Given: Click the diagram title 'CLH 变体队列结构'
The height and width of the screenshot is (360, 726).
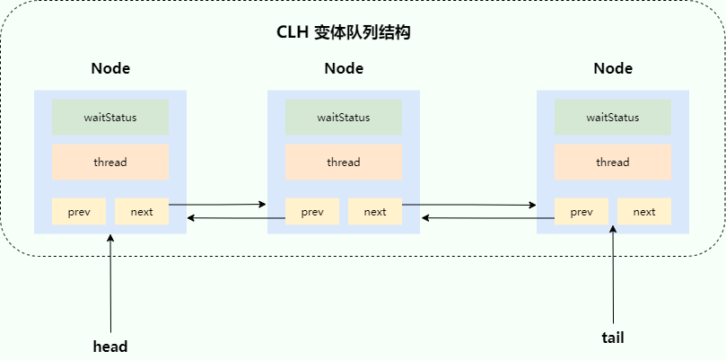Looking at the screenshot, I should coord(344,33).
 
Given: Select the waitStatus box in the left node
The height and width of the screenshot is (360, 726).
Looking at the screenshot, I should coord(110,118).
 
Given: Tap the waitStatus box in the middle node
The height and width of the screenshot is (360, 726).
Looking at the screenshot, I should coord(344,118).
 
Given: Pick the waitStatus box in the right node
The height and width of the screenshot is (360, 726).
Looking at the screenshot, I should coord(613,118).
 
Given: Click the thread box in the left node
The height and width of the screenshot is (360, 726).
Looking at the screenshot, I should coord(110,162).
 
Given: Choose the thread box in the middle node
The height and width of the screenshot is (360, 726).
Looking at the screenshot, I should coord(344,162).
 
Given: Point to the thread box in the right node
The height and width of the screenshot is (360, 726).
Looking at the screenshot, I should coord(613,162).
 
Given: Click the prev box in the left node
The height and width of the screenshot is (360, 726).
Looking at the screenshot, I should coord(79,212).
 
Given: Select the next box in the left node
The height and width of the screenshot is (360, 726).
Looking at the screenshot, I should coord(142,212).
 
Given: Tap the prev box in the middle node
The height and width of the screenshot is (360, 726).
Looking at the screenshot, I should coord(312,212).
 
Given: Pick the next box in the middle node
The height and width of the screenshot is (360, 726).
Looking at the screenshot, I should coord(375,212).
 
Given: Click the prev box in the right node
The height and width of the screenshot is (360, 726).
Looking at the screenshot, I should coord(582,212).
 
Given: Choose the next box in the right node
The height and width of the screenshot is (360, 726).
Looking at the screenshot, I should coord(644,212).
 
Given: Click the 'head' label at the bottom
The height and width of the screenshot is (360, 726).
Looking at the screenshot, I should coord(110,347).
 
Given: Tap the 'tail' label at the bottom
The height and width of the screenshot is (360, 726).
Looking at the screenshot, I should coord(613,338).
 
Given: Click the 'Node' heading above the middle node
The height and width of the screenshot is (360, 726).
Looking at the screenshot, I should coord(344,68).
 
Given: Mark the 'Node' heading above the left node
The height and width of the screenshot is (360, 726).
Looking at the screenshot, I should coord(110,68).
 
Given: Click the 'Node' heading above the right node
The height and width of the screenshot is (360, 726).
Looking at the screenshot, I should coord(613,68).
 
